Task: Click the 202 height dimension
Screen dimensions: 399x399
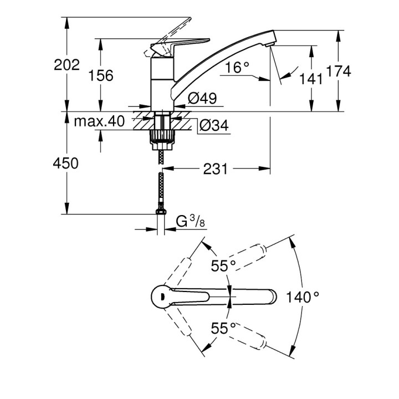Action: [67, 65]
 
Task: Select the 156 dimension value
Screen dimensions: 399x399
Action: [101, 76]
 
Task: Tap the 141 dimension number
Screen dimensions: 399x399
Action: [311, 79]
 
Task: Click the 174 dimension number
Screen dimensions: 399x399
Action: [339, 71]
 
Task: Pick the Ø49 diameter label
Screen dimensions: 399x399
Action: [202, 99]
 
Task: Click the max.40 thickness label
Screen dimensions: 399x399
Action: [99, 121]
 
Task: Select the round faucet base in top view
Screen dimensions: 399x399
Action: [162, 296]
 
